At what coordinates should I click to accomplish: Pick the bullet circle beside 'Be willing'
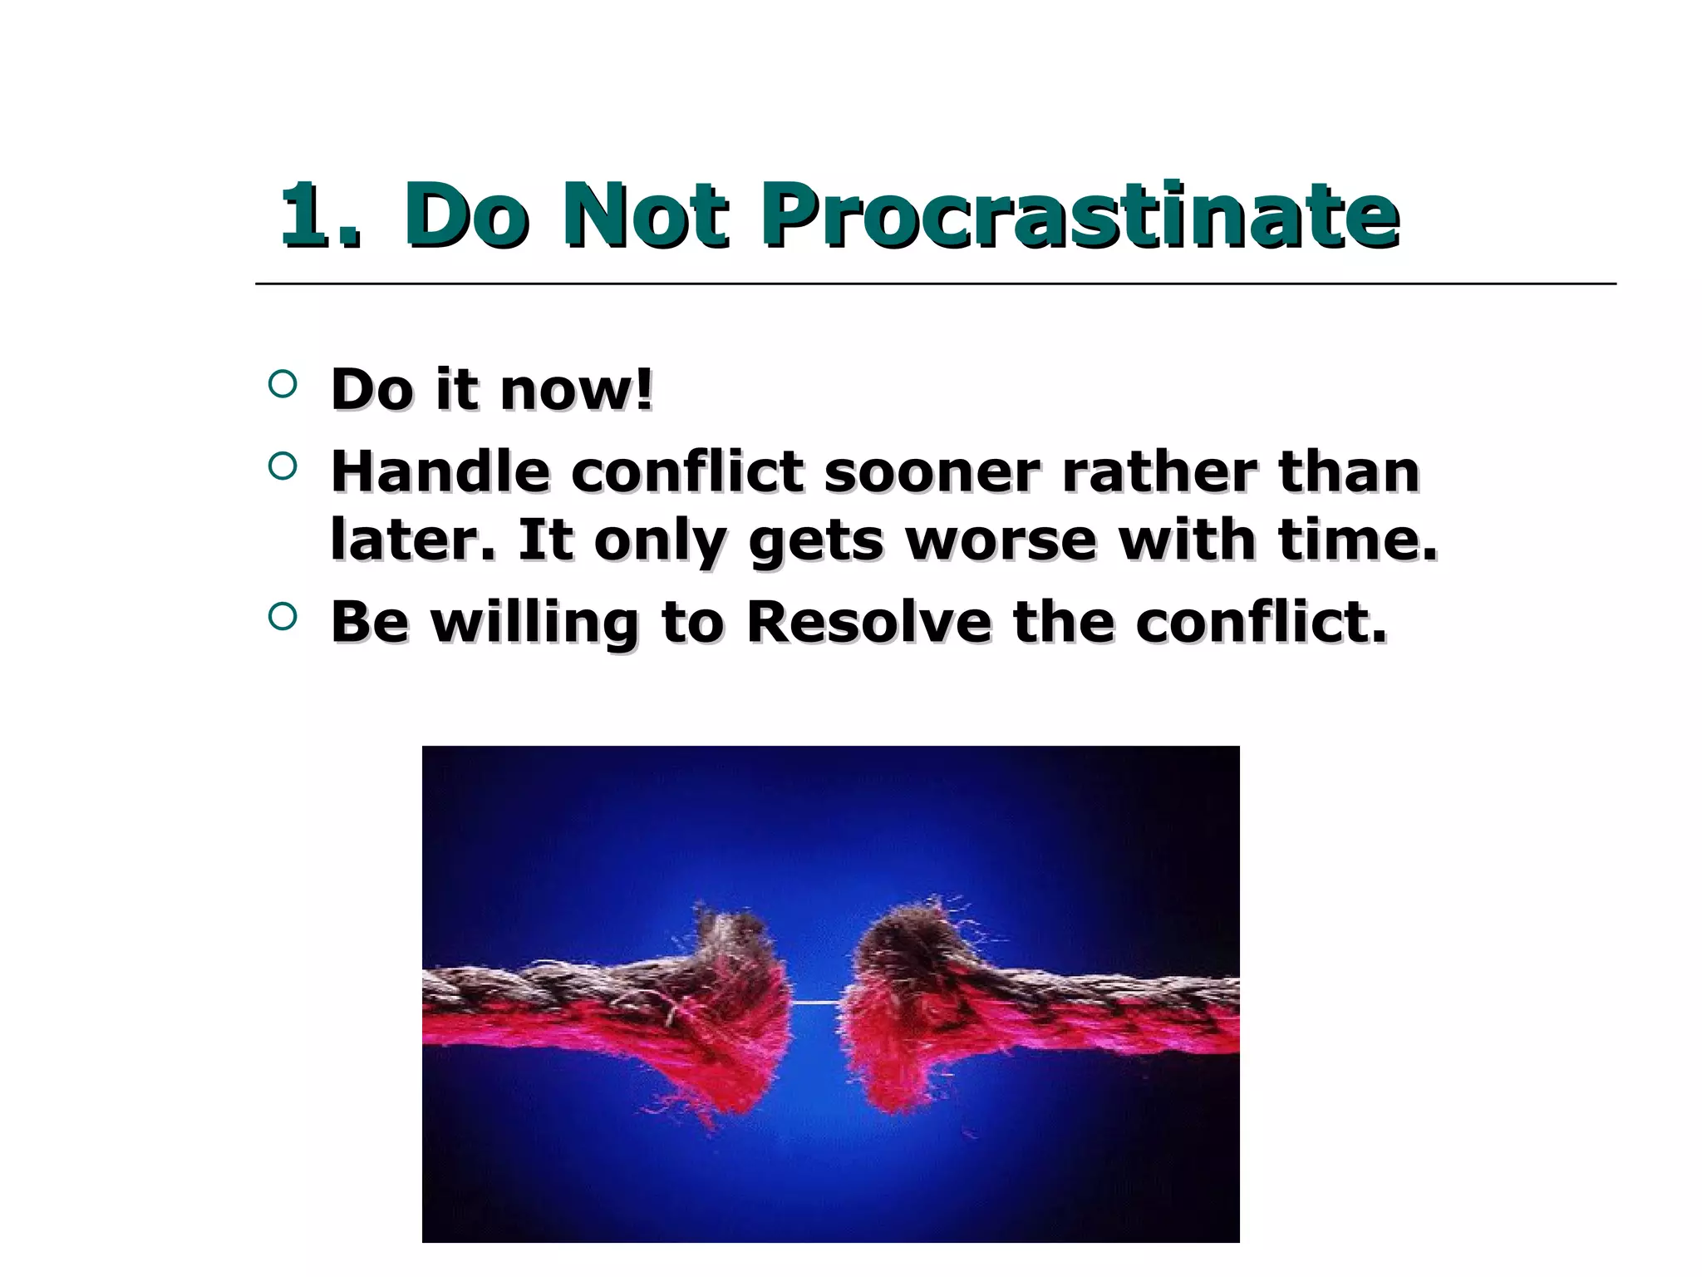point(283,616)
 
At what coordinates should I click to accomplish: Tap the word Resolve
point(868,622)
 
